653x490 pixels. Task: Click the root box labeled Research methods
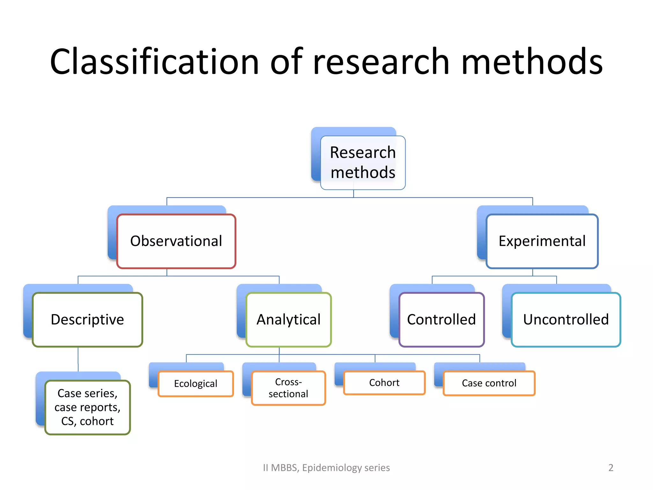point(363,162)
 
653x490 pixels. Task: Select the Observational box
point(176,241)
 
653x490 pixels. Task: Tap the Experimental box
point(542,241)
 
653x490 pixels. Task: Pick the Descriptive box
point(87,320)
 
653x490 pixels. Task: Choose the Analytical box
point(289,320)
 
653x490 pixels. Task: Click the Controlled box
point(441,320)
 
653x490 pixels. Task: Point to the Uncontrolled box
point(566,320)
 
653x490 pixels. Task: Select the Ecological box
point(196,383)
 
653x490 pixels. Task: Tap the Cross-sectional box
point(288,388)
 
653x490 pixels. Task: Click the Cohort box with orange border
point(384,383)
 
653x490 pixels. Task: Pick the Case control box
point(489,383)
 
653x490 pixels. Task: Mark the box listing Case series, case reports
point(87,407)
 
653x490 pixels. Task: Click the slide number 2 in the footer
point(611,468)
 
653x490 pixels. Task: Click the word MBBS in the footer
point(285,468)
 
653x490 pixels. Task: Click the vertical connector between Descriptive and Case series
point(78,359)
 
